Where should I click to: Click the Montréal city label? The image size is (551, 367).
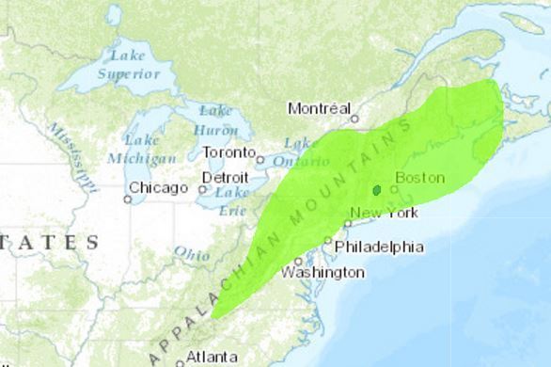[x=319, y=108]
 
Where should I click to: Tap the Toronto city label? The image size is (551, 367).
[x=228, y=152]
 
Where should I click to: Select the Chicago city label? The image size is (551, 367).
[x=157, y=188]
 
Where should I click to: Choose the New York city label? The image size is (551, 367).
[x=384, y=213]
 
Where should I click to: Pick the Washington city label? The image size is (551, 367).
[x=323, y=272]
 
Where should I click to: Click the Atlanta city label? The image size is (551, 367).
[x=212, y=357]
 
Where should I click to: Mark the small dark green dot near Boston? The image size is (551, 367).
[x=377, y=190]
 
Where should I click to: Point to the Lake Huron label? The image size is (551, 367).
[x=216, y=120]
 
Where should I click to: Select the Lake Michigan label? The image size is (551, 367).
[x=142, y=149]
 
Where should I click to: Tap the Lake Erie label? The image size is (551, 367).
[x=231, y=200]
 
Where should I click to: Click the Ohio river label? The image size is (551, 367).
[x=192, y=253]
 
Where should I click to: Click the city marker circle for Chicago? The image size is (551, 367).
[x=128, y=199]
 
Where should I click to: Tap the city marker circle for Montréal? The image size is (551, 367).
[x=354, y=119]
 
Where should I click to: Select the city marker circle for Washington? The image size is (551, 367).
[x=298, y=261]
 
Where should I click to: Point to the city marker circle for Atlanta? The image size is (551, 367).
[x=179, y=358]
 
